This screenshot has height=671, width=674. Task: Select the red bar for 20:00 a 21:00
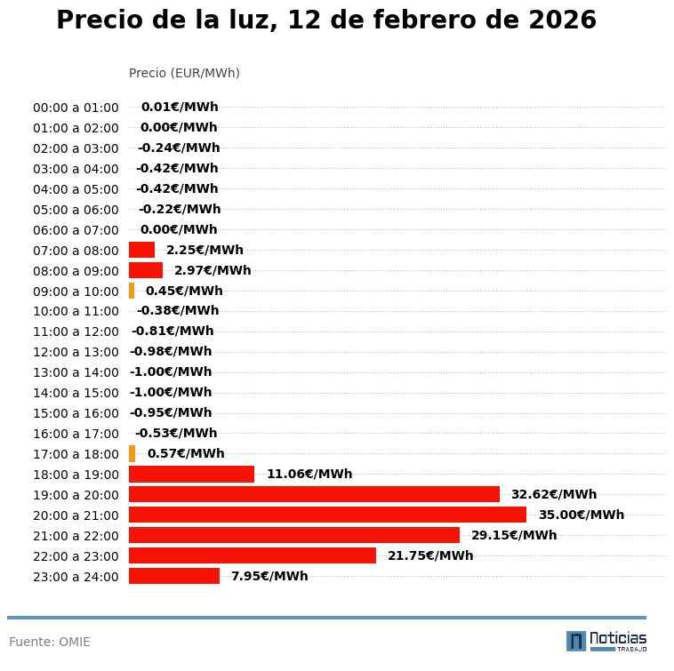point(327,515)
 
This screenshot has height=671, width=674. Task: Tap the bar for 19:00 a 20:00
point(314,494)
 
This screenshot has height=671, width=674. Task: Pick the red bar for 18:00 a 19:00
point(191,474)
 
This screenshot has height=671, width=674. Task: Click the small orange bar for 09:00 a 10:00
point(132,291)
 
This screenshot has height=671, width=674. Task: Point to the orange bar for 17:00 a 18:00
point(132,453)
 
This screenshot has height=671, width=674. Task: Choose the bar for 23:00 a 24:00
point(174,576)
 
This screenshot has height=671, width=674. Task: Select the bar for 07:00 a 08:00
point(141,250)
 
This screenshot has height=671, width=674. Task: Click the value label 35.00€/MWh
point(582,515)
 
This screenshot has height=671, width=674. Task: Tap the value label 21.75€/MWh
point(430,555)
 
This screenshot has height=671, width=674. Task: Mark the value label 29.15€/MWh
point(514,535)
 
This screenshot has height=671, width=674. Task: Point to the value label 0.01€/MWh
point(180,107)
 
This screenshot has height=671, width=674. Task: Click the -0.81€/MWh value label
point(173,331)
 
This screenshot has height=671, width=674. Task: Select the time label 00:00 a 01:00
point(76,108)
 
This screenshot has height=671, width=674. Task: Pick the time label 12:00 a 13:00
point(76,352)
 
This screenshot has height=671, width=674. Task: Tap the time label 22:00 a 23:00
point(76,556)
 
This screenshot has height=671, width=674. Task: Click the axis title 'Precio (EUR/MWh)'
point(184,73)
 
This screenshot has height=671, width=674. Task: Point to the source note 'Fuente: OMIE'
point(50,642)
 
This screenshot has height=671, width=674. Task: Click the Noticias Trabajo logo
point(606,641)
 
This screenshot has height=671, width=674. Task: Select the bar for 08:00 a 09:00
point(146,270)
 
